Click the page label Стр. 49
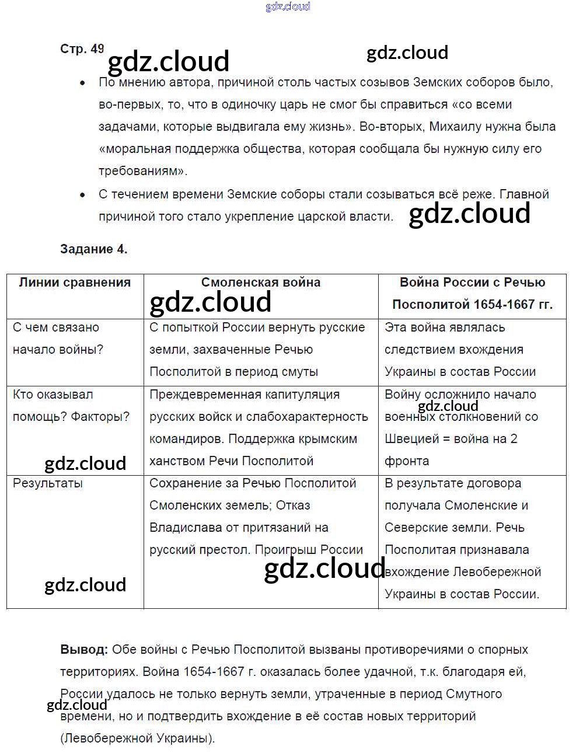click(x=82, y=49)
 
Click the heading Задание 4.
click(x=93, y=249)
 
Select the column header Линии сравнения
click(x=75, y=283)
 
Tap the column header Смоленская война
click(x=260, y=283)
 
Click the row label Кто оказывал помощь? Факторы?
click(x=71, y=406)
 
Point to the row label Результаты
click(x=48, y=483)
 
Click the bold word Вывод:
click(x=84, y=650)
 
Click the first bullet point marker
click(x=82, y=83)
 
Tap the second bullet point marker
click(x=82, y=195)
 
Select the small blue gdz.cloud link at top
click(x=288, y=6)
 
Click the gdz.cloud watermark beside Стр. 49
click(x=169, y=61)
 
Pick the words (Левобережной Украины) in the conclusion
click(x=137, y=738)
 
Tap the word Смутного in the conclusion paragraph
click(x=473, y=694)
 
